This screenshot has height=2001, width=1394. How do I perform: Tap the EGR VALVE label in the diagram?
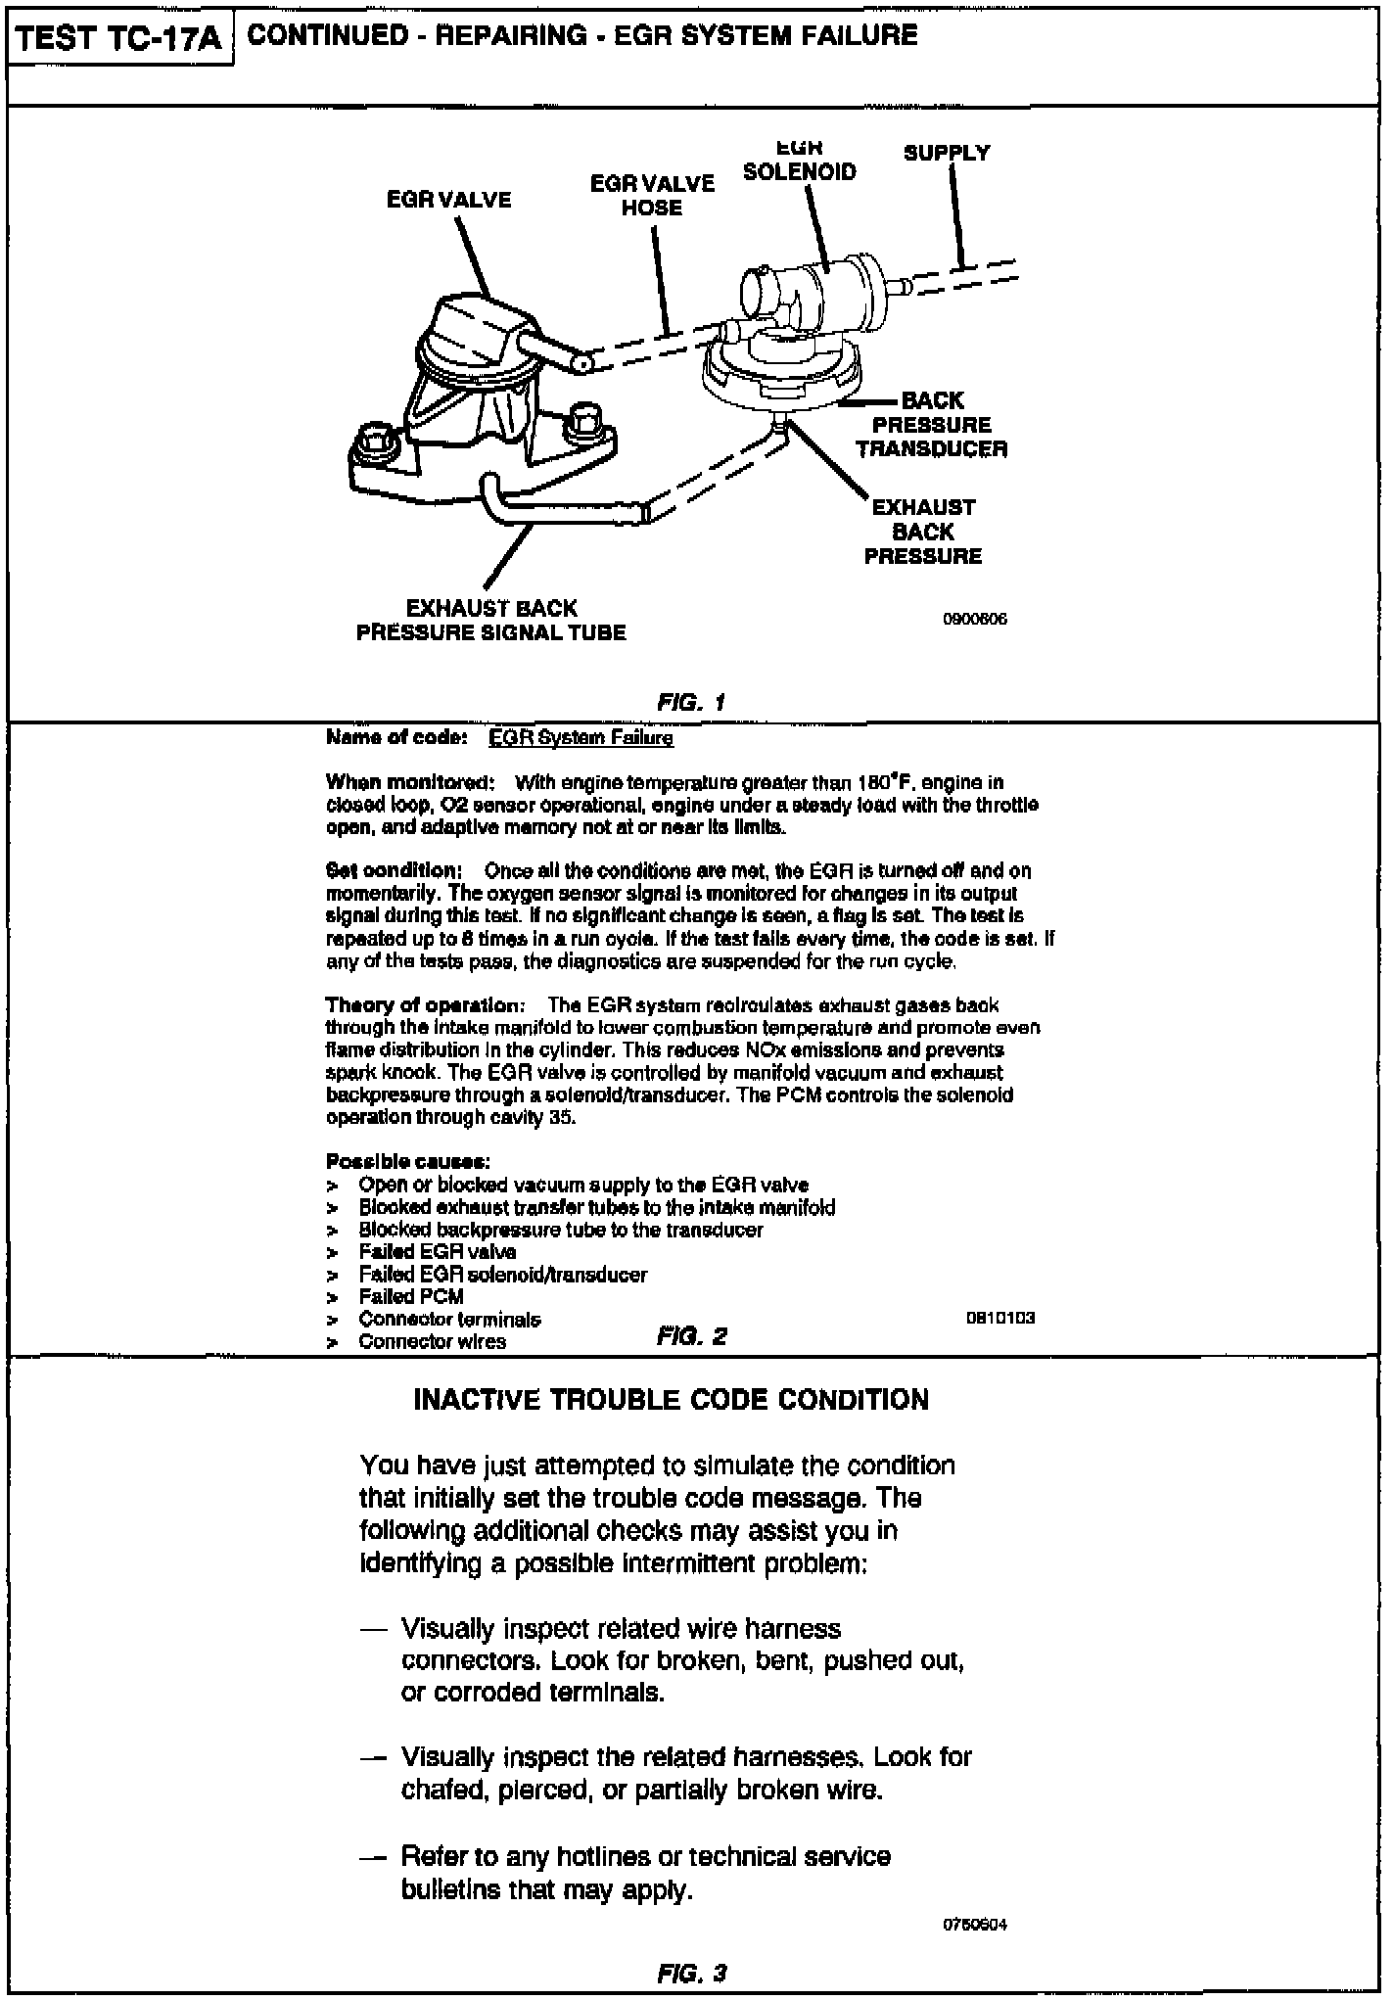point(448,200)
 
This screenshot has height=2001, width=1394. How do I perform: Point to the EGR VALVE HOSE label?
point(652,195)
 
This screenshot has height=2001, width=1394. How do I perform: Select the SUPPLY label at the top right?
point(947,153)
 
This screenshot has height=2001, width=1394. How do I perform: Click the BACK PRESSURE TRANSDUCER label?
point(931,425)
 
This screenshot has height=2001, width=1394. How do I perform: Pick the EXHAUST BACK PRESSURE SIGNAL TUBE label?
point(490,621)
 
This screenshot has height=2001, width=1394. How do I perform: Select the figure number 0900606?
point(974,619)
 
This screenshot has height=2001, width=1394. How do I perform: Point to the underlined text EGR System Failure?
point(581,738)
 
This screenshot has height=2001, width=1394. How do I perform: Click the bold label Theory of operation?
point(426,1005)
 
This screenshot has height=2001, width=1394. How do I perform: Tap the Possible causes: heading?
point(407,1162)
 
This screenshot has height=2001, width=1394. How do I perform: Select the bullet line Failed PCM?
point(411,1296)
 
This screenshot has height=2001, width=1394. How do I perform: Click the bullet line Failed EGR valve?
point(437,1252)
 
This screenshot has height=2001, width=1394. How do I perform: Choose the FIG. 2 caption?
point(692,1336)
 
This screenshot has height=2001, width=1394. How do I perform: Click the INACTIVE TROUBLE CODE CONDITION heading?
point(671,1400)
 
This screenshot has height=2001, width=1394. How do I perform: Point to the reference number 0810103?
point(1000,1318)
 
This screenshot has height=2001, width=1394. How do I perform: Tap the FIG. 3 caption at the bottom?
point(692,1973)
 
